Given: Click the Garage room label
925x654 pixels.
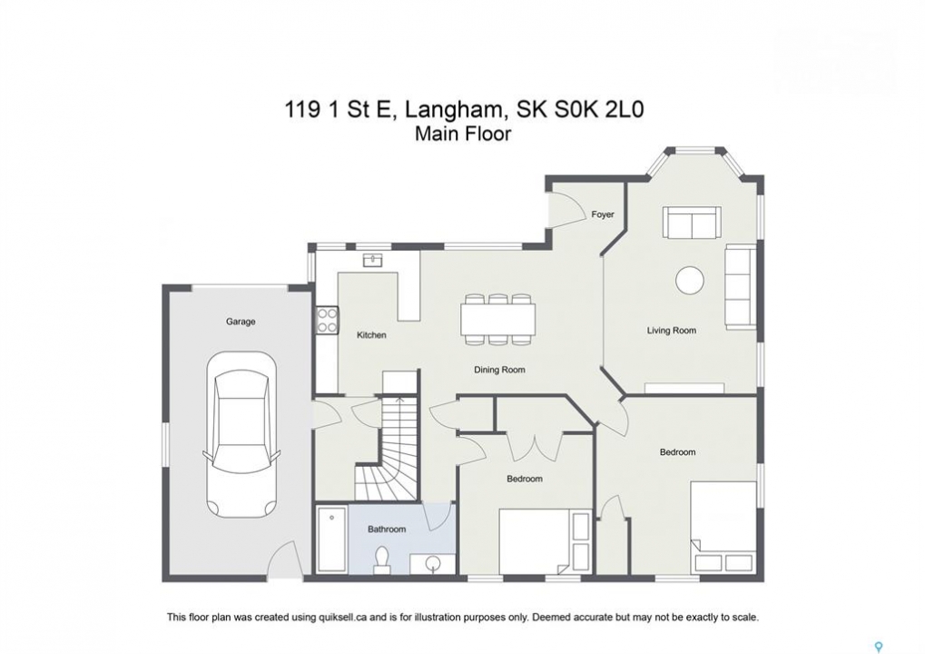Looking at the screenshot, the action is [241, 322].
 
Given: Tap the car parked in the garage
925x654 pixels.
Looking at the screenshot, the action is [241, 435].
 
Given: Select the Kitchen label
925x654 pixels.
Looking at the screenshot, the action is [371, 334].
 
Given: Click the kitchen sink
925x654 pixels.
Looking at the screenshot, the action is [372, 260].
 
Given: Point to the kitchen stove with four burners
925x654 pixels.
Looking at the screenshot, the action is [327, 320].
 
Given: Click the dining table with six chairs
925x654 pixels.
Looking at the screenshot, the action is [498, 319].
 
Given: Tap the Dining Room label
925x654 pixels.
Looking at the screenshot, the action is [499, 370].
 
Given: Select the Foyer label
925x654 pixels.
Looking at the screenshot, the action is [603, 214].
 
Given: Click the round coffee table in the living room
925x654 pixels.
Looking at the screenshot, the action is [690, 280].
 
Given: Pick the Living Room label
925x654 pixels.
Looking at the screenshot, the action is [672, 331].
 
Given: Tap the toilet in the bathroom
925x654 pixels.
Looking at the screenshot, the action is [381, 560].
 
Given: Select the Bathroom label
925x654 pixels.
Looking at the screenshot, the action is [387, 530].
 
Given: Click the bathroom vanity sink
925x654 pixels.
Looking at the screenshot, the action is [433, 563].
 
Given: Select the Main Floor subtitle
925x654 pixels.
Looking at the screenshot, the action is [463, 134].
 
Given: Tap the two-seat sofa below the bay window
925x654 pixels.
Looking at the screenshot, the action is [692, 223].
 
